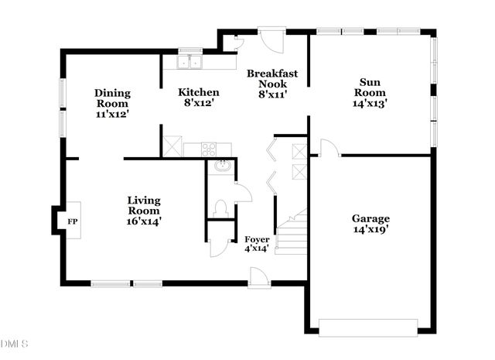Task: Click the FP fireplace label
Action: tap(73, 221)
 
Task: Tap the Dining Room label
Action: tap(112, 103)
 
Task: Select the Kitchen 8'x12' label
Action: tap(199, 97)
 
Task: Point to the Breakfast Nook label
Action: tap(272, 84)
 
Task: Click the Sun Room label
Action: tap(369, 91)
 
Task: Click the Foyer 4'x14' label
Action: tap(257, 244)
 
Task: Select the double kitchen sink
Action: tap(188, 62)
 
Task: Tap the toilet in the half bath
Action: tap(219, 207)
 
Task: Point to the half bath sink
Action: tap(221, 166)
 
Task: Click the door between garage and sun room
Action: tap(327, 148)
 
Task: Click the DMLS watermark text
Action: tap(15, 344)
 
